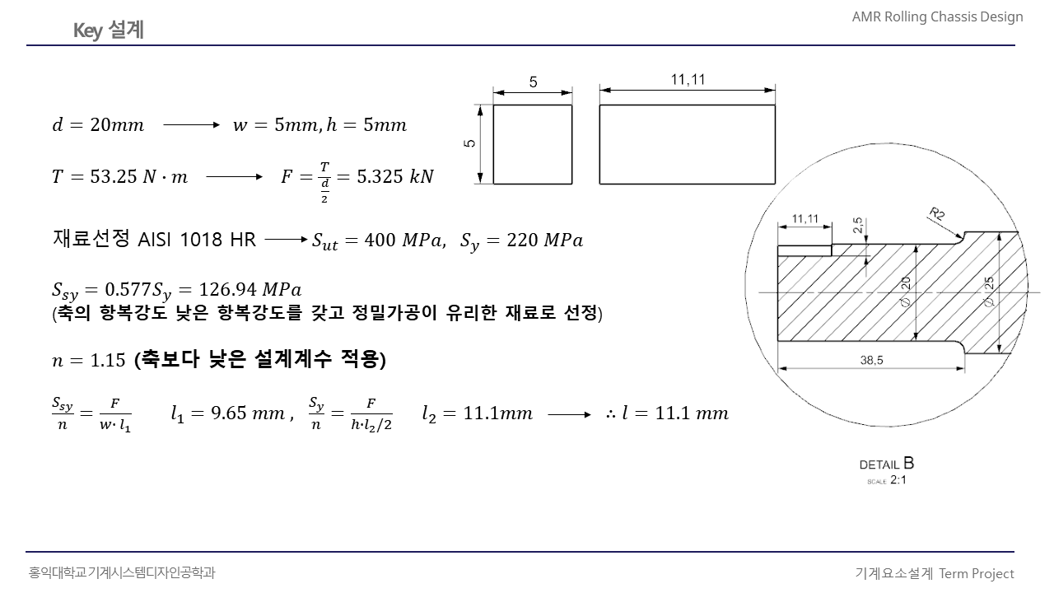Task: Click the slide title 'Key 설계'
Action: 109,30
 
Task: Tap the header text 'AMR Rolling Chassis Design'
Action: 937,17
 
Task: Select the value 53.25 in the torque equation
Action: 113,176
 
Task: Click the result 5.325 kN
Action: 395,176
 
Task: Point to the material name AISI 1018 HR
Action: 197,240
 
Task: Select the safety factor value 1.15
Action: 108,360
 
